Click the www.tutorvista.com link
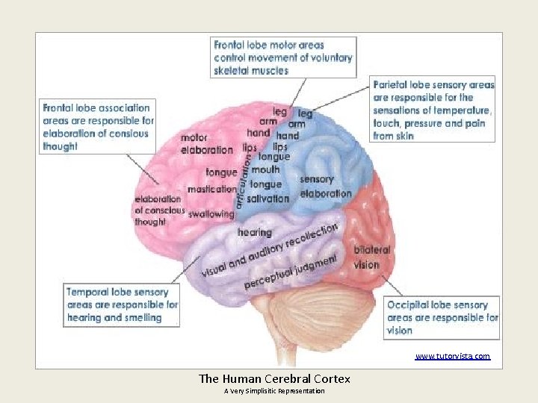[x=453, y=356]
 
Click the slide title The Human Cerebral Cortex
[x=274, y=378]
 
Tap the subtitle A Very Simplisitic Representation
[x=274, y=391]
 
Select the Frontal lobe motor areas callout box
[x=284, y=57]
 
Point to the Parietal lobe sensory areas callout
[x=433, y=110]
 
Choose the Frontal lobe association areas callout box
[x=97, y=127]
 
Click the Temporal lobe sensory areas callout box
[x=123, y=304]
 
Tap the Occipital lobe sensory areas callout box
[x=442, y=317]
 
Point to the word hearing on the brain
[x=254, y=233]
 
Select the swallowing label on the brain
[x=211, y=214]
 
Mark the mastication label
[x=211, y=190]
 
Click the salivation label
[x=268, y=199]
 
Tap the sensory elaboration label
[x=325, y=187]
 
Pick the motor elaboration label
[x=207, y=143]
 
